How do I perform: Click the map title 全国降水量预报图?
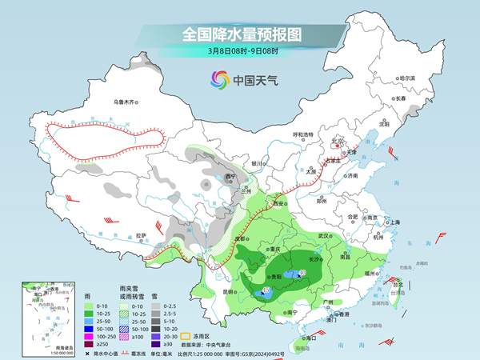click(x=241, y=35)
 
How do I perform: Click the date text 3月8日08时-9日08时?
click(x=241, y=51)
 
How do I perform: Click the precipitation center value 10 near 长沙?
click(x=302, y=274)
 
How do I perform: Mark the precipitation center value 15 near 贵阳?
click(x=266, y=290)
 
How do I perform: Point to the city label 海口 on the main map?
click(x=311, y=339)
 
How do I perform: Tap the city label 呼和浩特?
click(x=303, y=134)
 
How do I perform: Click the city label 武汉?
click(x=323, y=236)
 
